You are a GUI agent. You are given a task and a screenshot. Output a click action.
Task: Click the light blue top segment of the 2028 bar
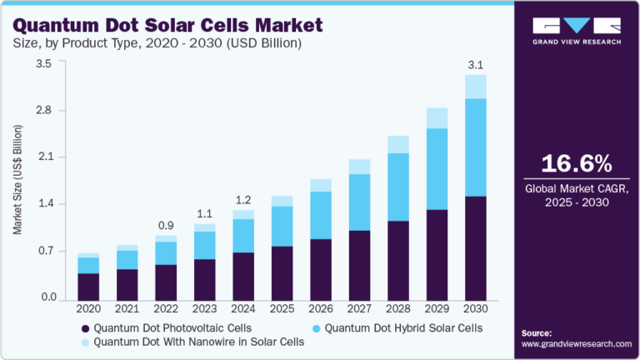click(x=398, y=144)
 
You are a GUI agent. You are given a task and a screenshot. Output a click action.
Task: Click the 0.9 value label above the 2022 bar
click(x=166, y=224)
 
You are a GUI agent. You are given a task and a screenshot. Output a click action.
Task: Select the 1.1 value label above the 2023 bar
click(x=204, y=212)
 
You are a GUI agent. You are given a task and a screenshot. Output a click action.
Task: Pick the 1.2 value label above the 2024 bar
click(x=243, y=200)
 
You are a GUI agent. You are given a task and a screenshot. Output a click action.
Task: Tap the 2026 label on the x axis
click(x=321, y=308)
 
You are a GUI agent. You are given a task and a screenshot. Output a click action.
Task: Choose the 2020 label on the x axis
click(x=88, y=308)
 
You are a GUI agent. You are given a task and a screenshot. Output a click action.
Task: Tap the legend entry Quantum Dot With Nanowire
click(x=192, y=342)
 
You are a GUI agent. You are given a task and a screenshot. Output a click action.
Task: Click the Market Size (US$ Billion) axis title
click(x=17, y=180)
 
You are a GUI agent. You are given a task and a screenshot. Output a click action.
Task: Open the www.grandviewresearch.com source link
click(x=577, y=343)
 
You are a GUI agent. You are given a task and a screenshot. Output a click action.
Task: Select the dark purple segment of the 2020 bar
click(x=88, y=285)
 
